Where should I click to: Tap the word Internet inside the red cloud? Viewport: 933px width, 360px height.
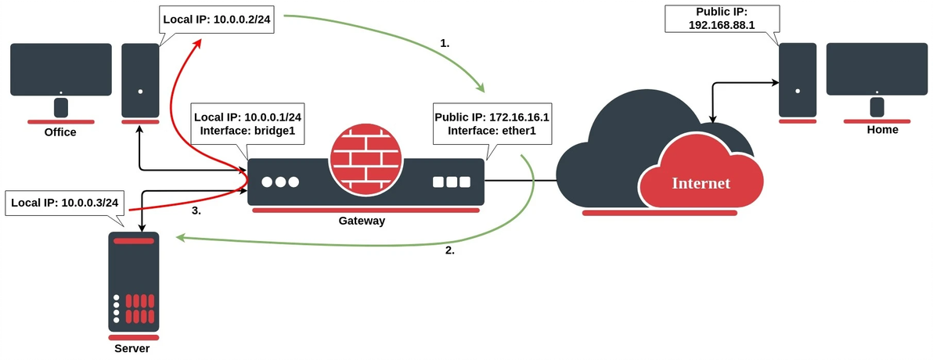click(701, 183)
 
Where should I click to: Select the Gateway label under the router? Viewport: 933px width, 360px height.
click(362, 221)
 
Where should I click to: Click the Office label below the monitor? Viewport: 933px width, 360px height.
click(60, 132)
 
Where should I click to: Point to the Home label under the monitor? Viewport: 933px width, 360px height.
click(882, 130)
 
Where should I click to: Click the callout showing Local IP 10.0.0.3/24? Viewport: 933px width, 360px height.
click(65, 203)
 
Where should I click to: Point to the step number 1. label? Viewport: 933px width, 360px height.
click(445, 44)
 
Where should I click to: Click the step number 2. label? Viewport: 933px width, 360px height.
click(449, 251)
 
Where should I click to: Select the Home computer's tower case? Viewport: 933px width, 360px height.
click(797, 78)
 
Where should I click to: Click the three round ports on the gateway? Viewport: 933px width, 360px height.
click(280, 182)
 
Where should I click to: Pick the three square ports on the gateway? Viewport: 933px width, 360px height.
click(452, 182)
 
